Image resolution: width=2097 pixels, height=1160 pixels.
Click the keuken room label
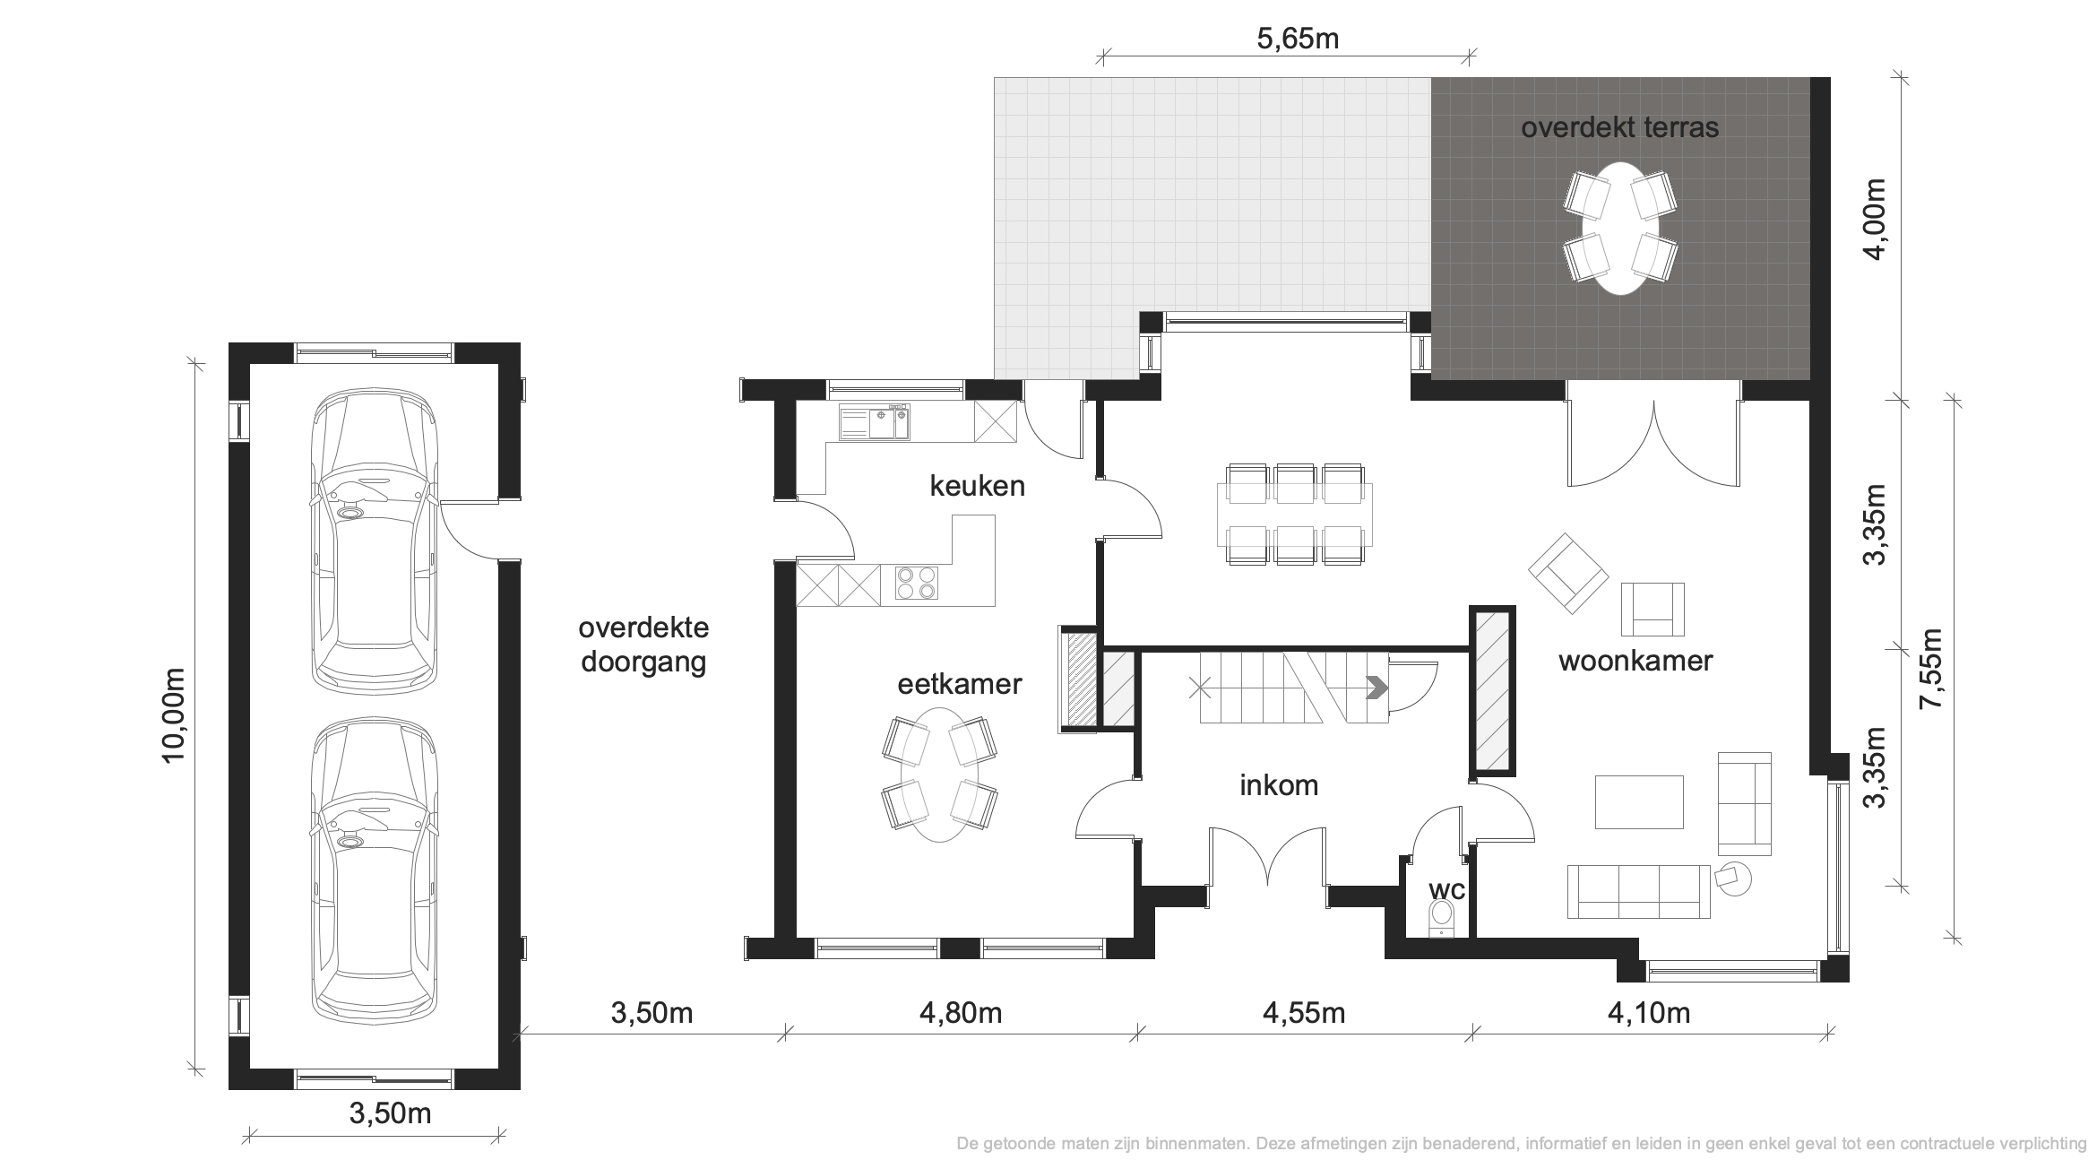pos(977,487)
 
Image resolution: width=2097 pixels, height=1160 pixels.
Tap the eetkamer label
pos(960,685)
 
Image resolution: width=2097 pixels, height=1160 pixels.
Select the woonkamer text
pos(1635,661)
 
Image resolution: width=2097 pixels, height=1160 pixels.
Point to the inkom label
pos(1279,785)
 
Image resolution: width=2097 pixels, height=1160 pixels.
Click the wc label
pos(1446,890)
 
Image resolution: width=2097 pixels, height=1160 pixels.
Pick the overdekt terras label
pos(1620,128)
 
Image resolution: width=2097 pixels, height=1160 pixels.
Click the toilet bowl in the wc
pos(1441,917)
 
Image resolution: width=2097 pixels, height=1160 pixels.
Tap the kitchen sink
pos(875,422)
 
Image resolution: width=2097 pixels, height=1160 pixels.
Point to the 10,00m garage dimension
pos(174,714)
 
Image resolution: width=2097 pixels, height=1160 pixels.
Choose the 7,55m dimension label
pos(1930,670)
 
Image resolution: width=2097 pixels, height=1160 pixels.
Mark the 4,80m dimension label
pos(961,1014)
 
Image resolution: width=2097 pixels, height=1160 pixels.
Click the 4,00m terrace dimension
pos(1875,218)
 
